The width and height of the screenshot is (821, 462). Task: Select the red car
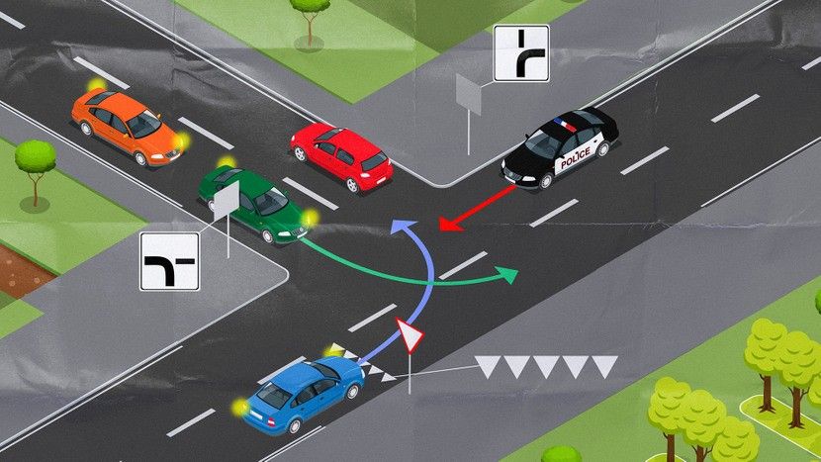[x=341, y=156]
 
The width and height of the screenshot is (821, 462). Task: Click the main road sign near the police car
[x=521, y=53]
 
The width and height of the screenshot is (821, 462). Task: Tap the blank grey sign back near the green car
[x=227, y=199]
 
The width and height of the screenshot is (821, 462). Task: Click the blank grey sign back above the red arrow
[x=468, y=94]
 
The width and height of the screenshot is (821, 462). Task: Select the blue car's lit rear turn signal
[x=238, y=407]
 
